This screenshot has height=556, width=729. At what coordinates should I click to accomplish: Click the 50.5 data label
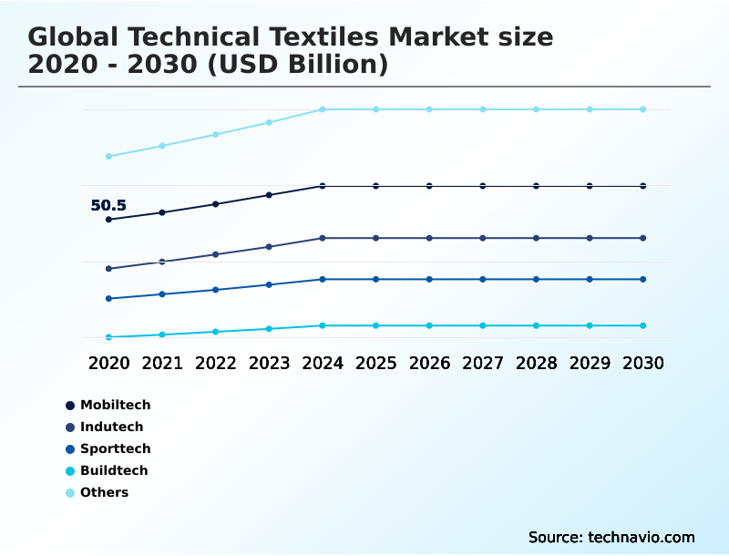(108, 206)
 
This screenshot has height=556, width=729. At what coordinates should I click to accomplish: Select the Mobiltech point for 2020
(108, 220)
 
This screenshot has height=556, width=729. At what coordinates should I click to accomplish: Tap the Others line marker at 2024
(323, 109)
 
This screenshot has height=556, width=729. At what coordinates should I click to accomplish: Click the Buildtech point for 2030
(642, 325)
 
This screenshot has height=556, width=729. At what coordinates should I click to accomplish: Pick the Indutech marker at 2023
(269, 247)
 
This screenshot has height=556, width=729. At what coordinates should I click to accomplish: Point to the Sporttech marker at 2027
(483, 279)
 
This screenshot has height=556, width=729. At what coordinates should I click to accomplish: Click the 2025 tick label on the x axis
(375, 363)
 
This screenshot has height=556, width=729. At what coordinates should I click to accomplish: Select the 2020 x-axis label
(108, 363)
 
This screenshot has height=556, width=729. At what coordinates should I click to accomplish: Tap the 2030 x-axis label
(642, 363)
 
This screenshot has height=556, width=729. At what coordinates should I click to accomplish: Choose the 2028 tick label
(536, 363)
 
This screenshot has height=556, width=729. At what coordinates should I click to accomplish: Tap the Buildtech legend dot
(70, 471)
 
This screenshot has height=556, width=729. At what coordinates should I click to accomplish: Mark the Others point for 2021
(162, 146)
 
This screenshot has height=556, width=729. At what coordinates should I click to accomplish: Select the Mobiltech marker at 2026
(429, 186)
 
